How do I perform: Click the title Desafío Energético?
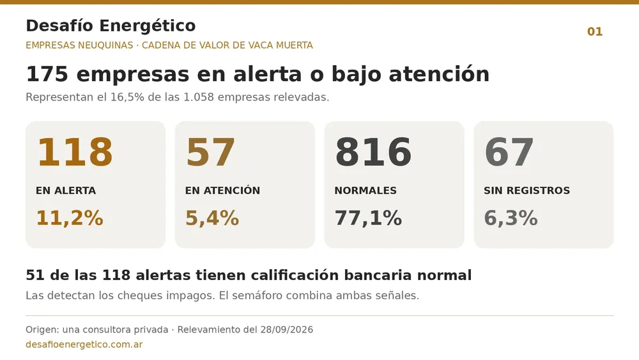[111, 26]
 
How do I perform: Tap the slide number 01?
[594, 32]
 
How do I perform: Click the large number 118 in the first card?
[75, 152]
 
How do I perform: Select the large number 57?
[210, 152]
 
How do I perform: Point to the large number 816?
[373, 152]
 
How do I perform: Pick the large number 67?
[509, 152]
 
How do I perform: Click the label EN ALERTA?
[66, 191]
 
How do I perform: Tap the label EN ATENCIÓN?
[222, 191]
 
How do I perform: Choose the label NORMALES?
[366, 191]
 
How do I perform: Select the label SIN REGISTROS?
[527, 191]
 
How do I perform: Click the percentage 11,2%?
[70, 218]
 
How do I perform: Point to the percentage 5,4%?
[212, 218]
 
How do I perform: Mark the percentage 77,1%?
[368, 218]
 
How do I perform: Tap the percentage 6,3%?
[511, 218]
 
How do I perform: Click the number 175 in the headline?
[47, 74]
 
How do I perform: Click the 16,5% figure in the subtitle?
[127, 97]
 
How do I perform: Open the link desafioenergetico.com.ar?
[84, 345]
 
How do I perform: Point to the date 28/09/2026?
[286, 329]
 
